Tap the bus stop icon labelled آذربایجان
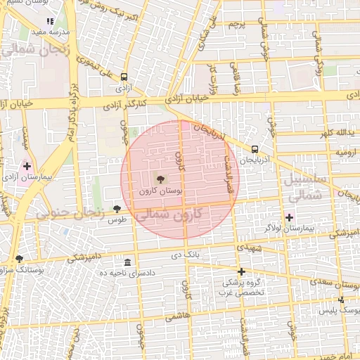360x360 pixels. click(254, 148)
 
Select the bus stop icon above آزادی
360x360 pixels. click(124, 77)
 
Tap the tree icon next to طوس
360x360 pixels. click(117, 208)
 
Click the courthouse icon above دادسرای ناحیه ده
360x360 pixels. click(127, 262)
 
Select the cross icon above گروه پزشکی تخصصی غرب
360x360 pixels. click(241, 271)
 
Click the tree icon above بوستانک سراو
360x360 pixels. click(19, 259)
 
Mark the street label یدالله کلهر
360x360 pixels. click(333, 134)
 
